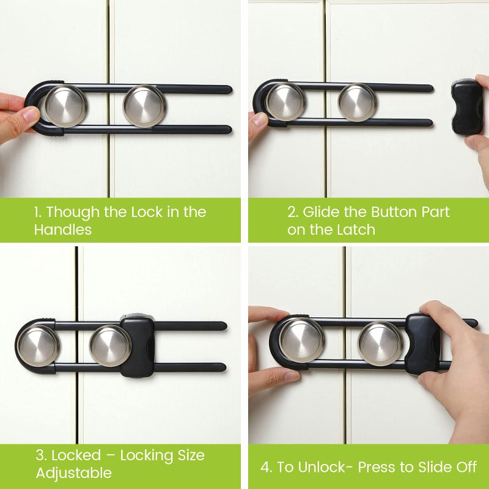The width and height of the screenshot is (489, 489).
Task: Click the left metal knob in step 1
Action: [x=65, y=106]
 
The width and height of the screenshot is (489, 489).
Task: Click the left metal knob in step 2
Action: [x=285, y=101]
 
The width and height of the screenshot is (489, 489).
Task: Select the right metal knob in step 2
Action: [x=358, y=101]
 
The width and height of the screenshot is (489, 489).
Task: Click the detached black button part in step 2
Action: [x=468, y=106]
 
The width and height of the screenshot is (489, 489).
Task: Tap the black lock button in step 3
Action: [x=138, y=346]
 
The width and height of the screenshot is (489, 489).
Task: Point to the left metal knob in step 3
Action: [x=39, y=345]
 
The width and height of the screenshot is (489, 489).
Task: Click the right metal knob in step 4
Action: [x=380, y=343]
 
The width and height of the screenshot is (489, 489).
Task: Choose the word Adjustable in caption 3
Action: [x=73, y=473]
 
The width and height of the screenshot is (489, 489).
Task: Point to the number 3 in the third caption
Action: [x=40, y=455]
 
